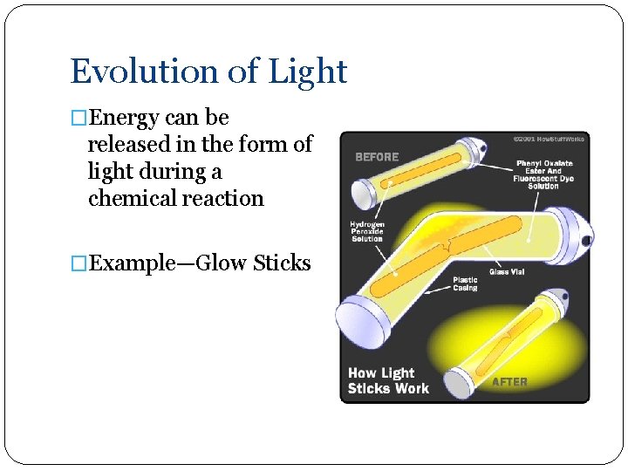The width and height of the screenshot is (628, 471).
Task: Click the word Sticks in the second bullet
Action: click(x=282, y=263)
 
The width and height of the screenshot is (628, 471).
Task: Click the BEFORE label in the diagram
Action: click(x=377, y=157)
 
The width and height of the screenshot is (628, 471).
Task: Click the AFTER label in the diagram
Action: click(x=509, y=382)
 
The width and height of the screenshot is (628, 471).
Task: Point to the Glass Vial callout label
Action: click(x=506, y=272)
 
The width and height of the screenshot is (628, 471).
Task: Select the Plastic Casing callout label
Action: click(x=465, y=283)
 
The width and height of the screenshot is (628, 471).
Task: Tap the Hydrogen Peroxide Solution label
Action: click(x=367, y=232)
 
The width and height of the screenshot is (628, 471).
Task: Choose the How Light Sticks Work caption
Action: click(x=389, y=380)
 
